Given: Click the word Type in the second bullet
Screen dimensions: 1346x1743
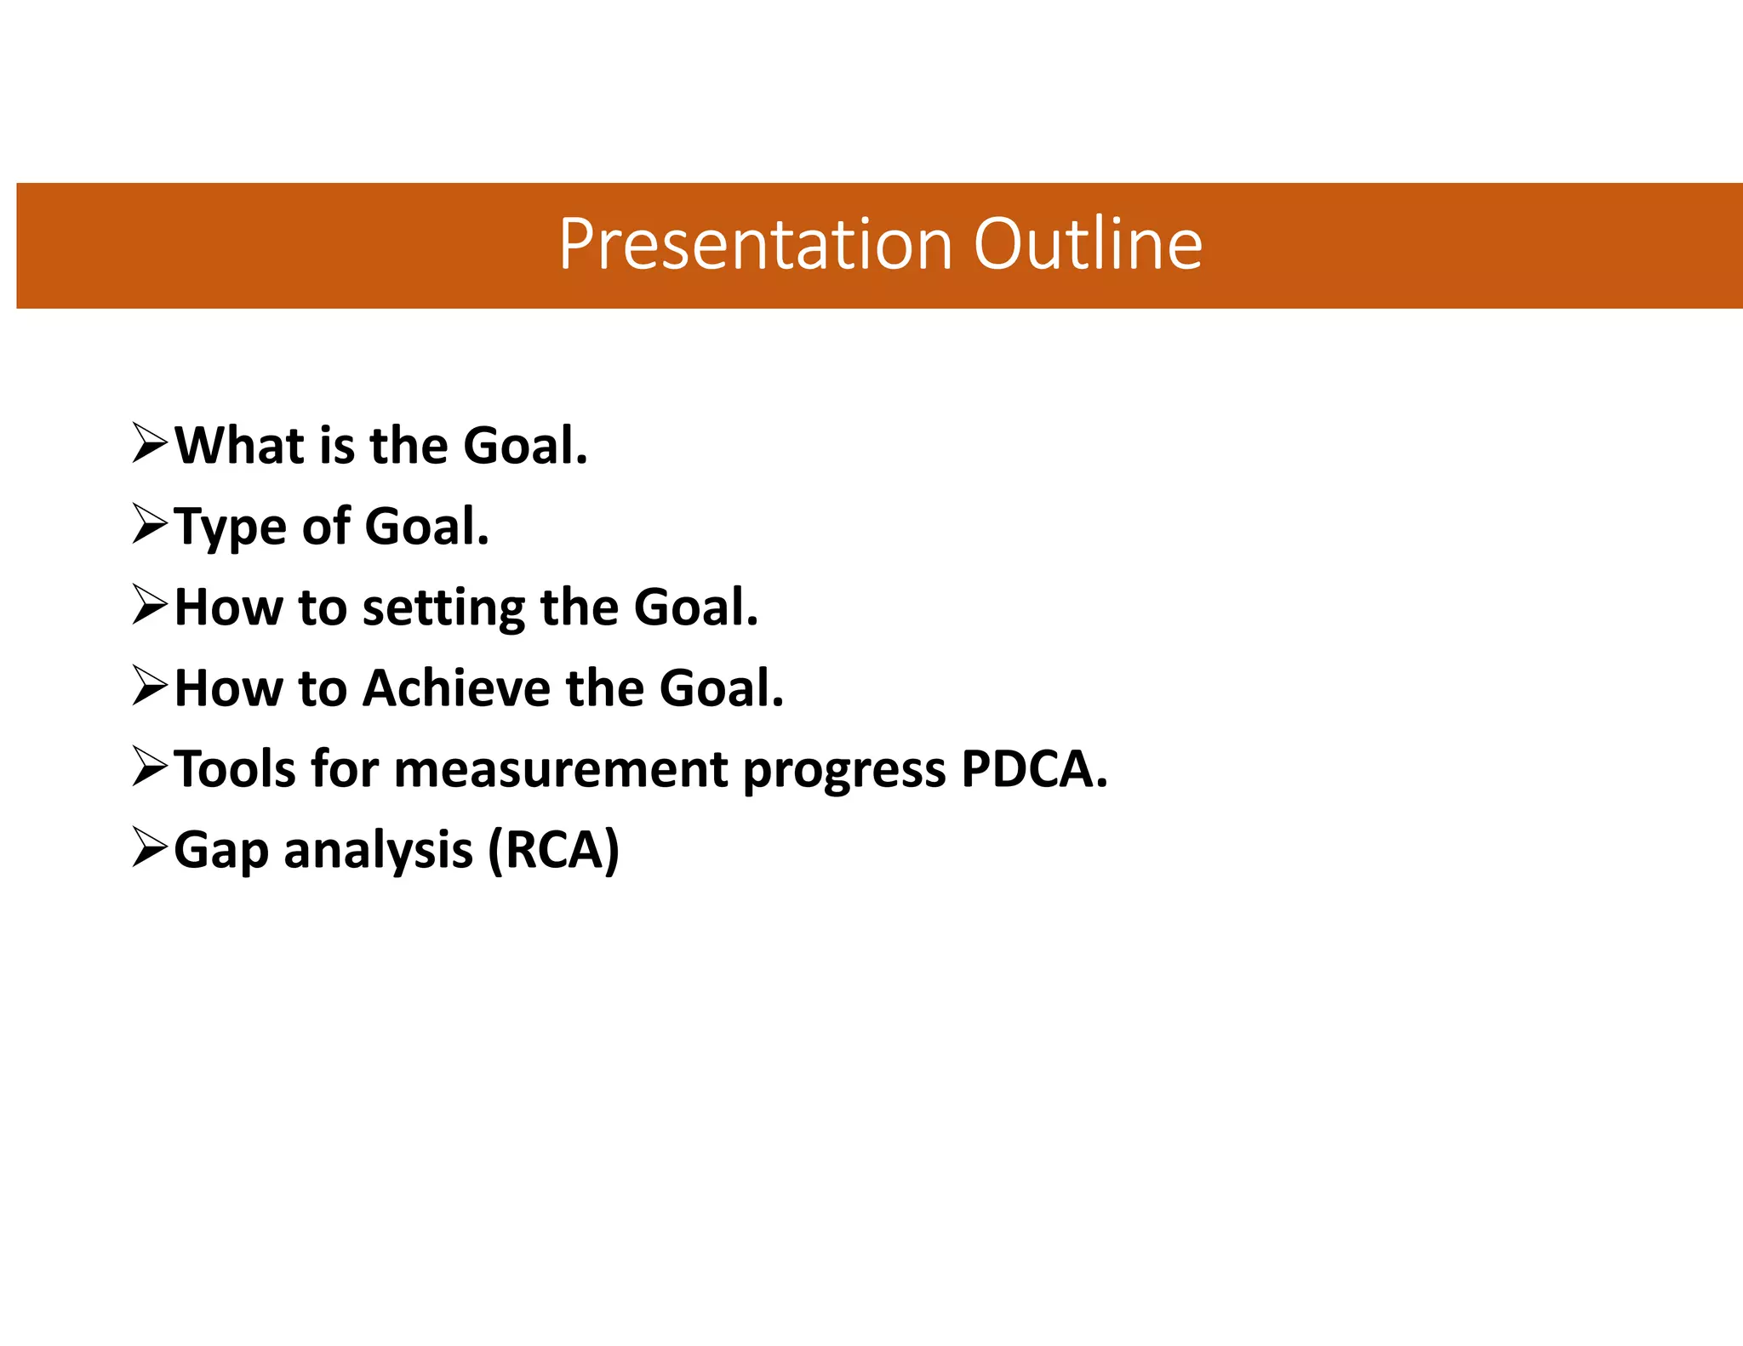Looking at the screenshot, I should (x=230, y=528).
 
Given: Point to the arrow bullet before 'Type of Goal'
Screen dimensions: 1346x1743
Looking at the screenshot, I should (x=151, y=524).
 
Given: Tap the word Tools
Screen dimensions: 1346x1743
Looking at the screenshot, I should (x=234, y=769).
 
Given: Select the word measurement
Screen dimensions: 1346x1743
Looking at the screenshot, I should (x=561, y=769).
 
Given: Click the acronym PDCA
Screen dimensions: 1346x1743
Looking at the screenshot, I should (x=1030, y=769).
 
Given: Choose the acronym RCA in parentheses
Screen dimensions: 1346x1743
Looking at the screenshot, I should (x=554, y=850).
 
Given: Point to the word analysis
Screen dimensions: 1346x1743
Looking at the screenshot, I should (x=378, y=852).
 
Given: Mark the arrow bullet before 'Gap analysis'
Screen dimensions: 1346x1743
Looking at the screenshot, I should (x=151, y=848).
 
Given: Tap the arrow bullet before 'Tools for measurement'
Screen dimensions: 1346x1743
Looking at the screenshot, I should (x=151, y=767).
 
